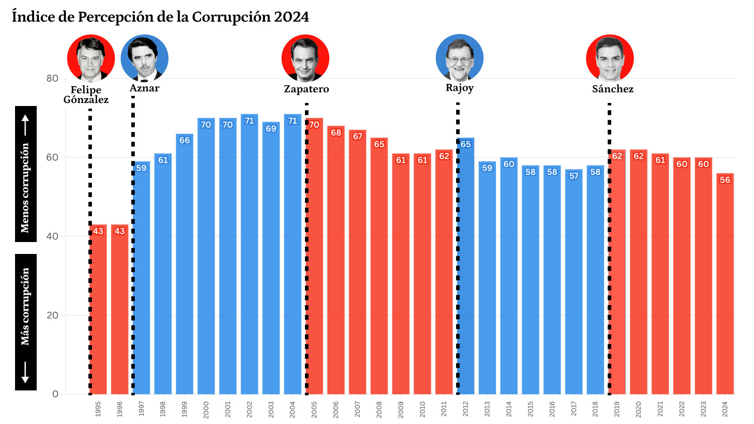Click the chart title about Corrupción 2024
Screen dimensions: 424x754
pyautogui.click(x=160, y=17)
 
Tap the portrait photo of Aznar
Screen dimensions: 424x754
pyautogui.click(x=145, y=58)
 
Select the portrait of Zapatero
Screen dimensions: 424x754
pyautogui.click(x=305, y=58)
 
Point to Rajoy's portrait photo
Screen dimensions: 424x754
pyautogui.click(x=460, y=58)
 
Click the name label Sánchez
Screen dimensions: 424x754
pyautogui.click(x=613, y=89)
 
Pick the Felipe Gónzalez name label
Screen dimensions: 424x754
pyautogui.click(x=86, y=95)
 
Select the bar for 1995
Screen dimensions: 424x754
pyautogui.click(x=98, y=309)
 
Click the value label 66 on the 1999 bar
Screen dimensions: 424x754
pyautogui.click(x=184, y=140)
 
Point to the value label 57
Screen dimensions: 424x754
pyautogui.click(x=574, y=176)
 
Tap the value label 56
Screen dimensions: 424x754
pyautogui.click(x=725, y=180)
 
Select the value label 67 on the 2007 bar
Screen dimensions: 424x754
pyautogui.click(x=358, y=136)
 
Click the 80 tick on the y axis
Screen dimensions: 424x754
pyautogui.click(x=52, y=79)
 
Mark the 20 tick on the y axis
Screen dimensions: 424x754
pyautogui.click(x=52, y=315)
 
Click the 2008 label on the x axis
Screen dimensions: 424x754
pyautogui.click(x=379, y=409)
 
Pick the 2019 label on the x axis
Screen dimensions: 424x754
pyautogui.click(x=617, y=409)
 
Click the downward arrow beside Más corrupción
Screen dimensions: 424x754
pyautogui.click(x=25, y=372)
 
